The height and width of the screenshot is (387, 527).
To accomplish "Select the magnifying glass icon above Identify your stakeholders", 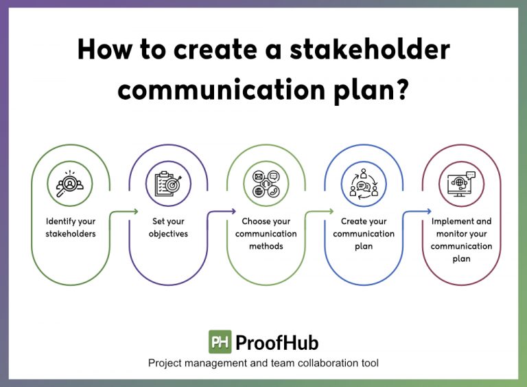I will pyautogui.click(x=71, y=184).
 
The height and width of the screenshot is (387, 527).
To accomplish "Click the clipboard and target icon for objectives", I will pyautogui.click(x=168, y=184).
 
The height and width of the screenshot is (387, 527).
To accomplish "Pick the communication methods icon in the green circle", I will pyautogui.click(x=266, y=184).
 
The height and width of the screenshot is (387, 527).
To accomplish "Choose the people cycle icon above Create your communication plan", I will pyautogui.click(x=363, y=184).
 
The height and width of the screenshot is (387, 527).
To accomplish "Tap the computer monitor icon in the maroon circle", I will pyautogui.click(x=460, y=184).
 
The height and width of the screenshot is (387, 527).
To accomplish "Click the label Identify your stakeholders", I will pyautogui.click(x=71, y=228).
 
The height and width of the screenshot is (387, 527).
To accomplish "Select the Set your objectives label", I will pyautogui.click(x=168, y=228).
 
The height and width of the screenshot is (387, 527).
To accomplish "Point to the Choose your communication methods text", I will pyautogui.click(x=266, y=234).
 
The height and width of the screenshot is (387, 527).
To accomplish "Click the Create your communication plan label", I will pyautogui.click(x=363, y=234).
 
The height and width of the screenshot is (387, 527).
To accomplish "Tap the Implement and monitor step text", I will pyautogui.click(x=460, y=240).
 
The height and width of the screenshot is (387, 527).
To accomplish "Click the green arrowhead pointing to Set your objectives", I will pyautogui.click(x=136, y=211).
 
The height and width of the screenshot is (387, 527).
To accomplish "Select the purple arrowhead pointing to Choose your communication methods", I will pyautogui.click(x=233, y=211).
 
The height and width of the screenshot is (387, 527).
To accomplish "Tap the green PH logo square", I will pyautogui.click(x=220, y=342).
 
